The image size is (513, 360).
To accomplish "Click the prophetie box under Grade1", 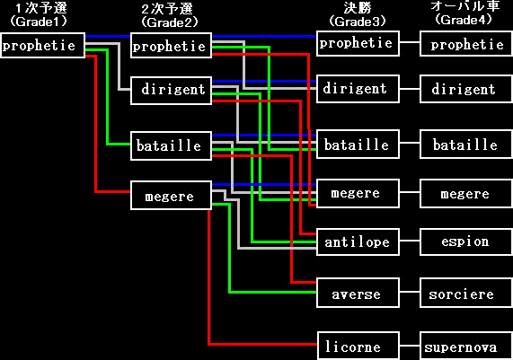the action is point(42,45).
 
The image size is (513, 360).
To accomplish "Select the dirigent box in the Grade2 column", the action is point(171,91).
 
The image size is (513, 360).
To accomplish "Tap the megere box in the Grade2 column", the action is point(171,195).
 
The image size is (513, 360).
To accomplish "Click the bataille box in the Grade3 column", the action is point(358,145).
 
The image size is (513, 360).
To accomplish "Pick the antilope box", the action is point(358,241).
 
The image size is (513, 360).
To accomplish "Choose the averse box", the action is point(358,293).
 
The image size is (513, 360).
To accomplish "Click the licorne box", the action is point(358,346).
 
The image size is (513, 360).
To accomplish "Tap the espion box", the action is point(466,241).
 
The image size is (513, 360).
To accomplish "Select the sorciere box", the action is point(466,293).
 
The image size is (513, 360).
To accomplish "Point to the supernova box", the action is point(466,346).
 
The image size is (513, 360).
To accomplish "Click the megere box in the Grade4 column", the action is point(466,193).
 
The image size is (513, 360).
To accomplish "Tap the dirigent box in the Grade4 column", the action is point(466,89).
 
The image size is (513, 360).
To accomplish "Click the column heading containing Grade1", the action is point(39,14).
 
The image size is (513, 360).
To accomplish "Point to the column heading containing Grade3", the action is point(358,14).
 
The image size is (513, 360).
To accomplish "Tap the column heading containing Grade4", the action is point(464,13).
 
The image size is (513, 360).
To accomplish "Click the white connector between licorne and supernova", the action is point(410,346).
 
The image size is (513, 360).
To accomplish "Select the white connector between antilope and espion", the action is point(410,241).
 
